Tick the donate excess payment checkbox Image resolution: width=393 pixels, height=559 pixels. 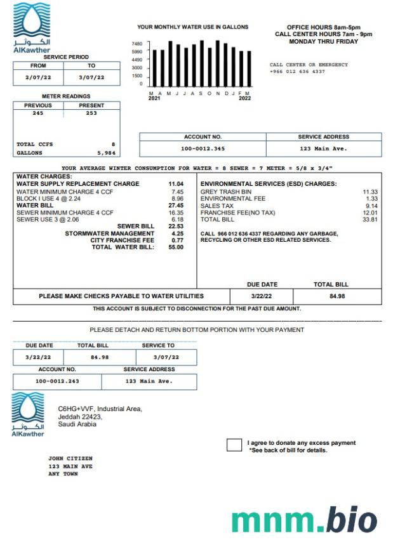[234, 445]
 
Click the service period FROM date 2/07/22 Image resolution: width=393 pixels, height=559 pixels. [37, 77]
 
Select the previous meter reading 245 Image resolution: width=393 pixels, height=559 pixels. [37, 113]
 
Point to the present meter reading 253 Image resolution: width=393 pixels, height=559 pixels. [91, 113]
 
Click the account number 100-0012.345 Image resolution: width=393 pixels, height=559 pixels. [203, 148]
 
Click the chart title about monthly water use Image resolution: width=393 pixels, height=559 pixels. [193, 27]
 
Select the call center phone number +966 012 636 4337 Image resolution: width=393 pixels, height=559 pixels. [297, 72]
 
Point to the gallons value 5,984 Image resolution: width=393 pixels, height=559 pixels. [106, 153]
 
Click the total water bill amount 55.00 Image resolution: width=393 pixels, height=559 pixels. [176, 247]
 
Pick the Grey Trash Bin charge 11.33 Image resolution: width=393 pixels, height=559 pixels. [370, 192]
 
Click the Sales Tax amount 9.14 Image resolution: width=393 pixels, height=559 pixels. [371, 206]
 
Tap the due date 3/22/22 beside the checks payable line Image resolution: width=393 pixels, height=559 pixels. [261, 296]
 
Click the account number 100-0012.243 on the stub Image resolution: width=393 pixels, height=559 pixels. [57, 381]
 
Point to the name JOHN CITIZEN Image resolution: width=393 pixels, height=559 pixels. [70, 458]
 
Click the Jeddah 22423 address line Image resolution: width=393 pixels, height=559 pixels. [80, 417]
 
